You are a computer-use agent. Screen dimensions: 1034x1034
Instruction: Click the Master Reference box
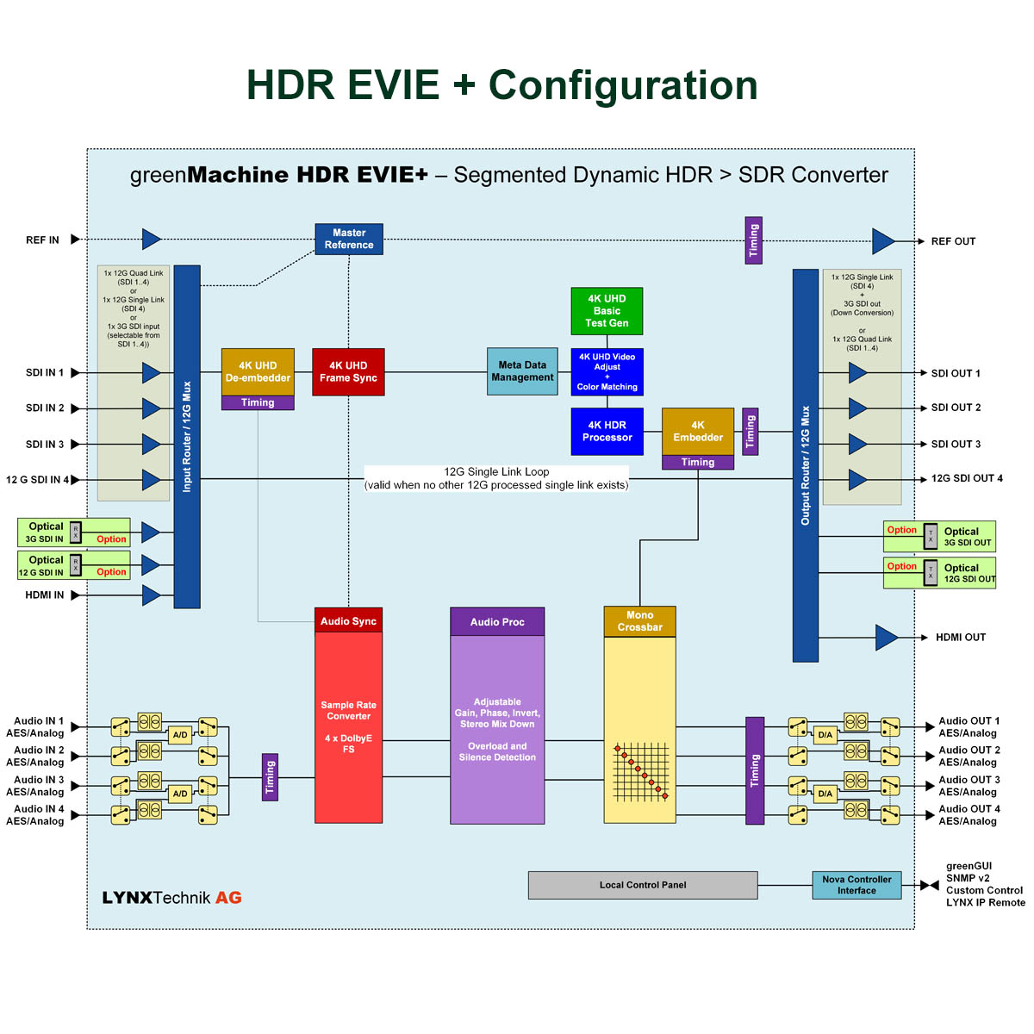click(349, 239)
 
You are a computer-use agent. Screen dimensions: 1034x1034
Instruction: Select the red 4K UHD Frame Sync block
click(348, 372)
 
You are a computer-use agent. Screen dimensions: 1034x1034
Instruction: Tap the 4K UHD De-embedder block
click(258, 372)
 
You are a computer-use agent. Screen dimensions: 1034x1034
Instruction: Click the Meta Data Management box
click(522, 371)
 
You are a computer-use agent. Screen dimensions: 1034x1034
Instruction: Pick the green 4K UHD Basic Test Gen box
click(607, 311)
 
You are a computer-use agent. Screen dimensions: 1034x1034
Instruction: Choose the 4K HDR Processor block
click(607, 431)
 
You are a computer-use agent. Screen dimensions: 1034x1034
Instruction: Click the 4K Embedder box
click(698, 431)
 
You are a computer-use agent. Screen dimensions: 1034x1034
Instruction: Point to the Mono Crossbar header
click(639, 621)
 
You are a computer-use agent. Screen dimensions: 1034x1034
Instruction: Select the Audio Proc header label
click(497, 622)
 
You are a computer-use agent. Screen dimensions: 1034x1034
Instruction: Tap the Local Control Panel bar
click(643, 885)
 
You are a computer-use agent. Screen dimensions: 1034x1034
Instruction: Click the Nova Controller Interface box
click(856, 885)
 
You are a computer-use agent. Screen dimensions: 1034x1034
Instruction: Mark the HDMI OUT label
click(960, 638)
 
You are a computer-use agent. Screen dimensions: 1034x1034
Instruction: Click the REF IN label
click(42, 240)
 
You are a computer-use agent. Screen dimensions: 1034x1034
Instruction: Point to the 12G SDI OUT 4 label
click(967, 478)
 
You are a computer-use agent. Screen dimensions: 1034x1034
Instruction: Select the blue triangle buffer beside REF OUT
click(883, 241)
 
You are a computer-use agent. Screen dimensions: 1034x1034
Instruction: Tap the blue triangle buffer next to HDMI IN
click(151, 595)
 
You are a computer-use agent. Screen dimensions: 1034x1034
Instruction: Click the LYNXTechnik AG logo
click(171, 898)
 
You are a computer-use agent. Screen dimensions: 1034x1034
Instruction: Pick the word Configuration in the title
click(623, 85)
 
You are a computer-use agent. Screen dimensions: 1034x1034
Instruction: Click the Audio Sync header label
click(348, 621)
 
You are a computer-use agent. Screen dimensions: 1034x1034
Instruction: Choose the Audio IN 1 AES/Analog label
click(35, 727)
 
